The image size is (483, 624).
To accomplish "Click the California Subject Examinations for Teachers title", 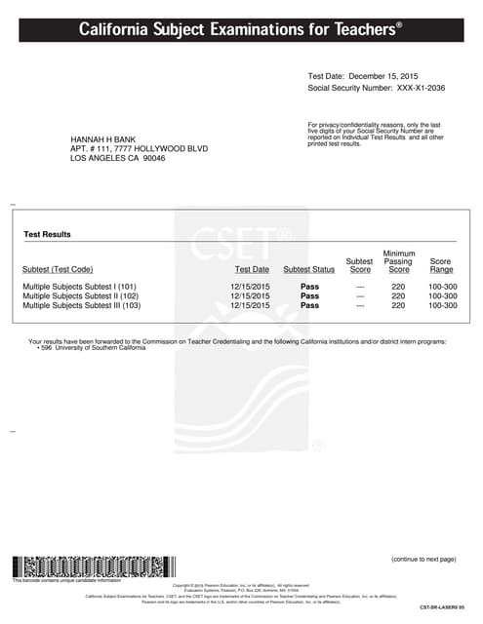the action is pos(240,31).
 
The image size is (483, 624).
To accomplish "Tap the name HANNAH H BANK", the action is pos(104,139).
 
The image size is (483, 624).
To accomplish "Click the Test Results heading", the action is pos(47,235).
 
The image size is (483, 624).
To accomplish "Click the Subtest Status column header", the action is pos(308,270).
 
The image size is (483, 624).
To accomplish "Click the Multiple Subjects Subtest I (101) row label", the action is pos(79,286).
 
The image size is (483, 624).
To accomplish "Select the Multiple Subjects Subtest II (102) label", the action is pos(80,295).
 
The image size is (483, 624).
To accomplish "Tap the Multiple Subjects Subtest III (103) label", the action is pos(82,305).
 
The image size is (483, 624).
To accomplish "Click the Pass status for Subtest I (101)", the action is pos(309,286).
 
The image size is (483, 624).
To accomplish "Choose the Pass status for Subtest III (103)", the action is pos(309,305).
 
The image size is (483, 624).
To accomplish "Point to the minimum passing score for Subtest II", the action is pos(398,295).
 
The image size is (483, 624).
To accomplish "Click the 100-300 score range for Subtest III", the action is pos(442,305).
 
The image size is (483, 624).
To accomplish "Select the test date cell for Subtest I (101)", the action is pos(250,286).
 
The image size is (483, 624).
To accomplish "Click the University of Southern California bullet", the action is pos(94,348).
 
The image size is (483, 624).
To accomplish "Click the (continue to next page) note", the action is pos(423,560).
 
